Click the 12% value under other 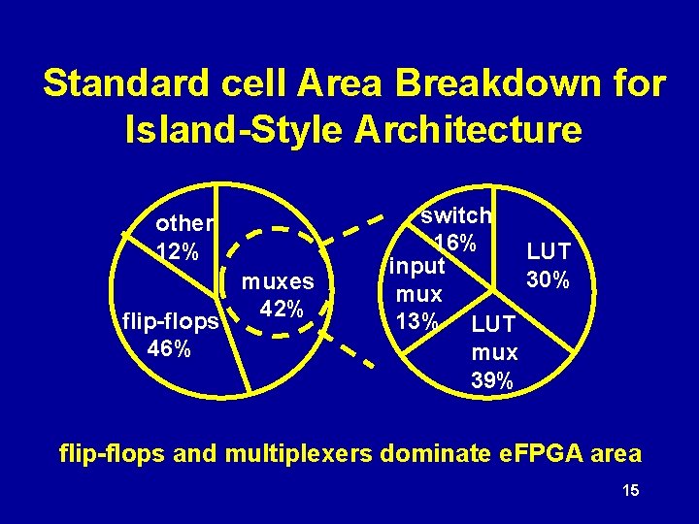pyautogui.click(x=178, y=250)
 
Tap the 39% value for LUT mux pyautogui.click(x=493, y=380)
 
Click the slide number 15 pyautogui.click(x=630, y=493)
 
